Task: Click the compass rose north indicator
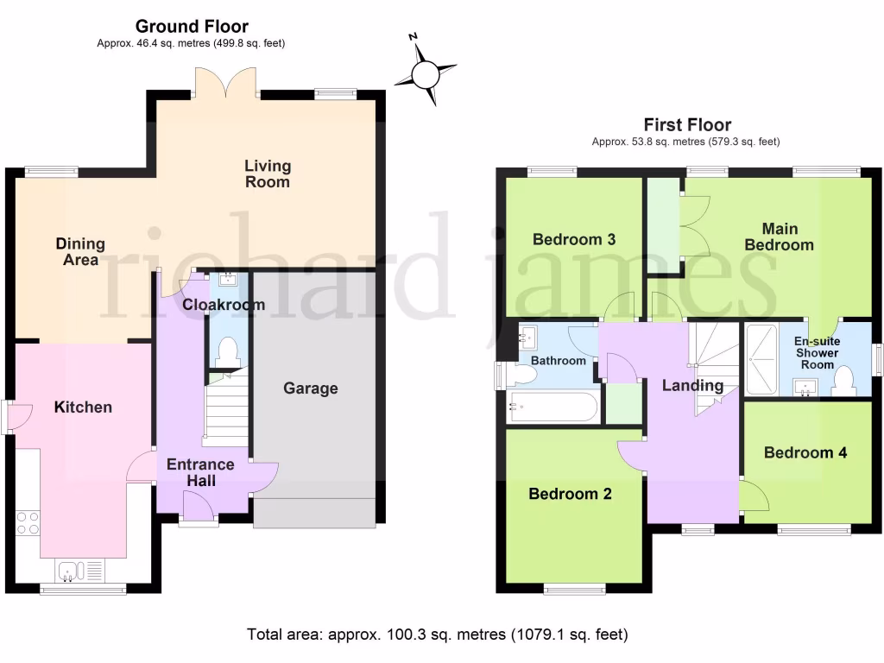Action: [426, 73]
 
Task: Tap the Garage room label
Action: [311, 388]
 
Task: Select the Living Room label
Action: [268, 174]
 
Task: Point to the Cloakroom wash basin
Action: [229, 279]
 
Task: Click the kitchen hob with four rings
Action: [28, 524]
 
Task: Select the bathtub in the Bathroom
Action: [552, 407]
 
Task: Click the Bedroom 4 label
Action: [805, 452]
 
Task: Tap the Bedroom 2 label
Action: [570, 494]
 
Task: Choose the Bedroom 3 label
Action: [574, 239]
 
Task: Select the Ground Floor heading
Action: [192, 27]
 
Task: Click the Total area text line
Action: [438, 635]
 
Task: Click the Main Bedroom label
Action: [779, 237]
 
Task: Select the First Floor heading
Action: [687, 125]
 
